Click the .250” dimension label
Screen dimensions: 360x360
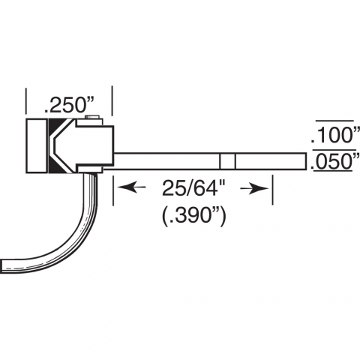click(x=69, y=105)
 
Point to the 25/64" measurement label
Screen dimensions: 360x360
click(x=193, y=188)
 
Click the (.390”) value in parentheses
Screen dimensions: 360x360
click(x=193, y=214)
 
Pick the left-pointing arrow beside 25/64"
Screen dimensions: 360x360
click(x=131, y=187)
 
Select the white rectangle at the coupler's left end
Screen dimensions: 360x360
click(x=37, y=145)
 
